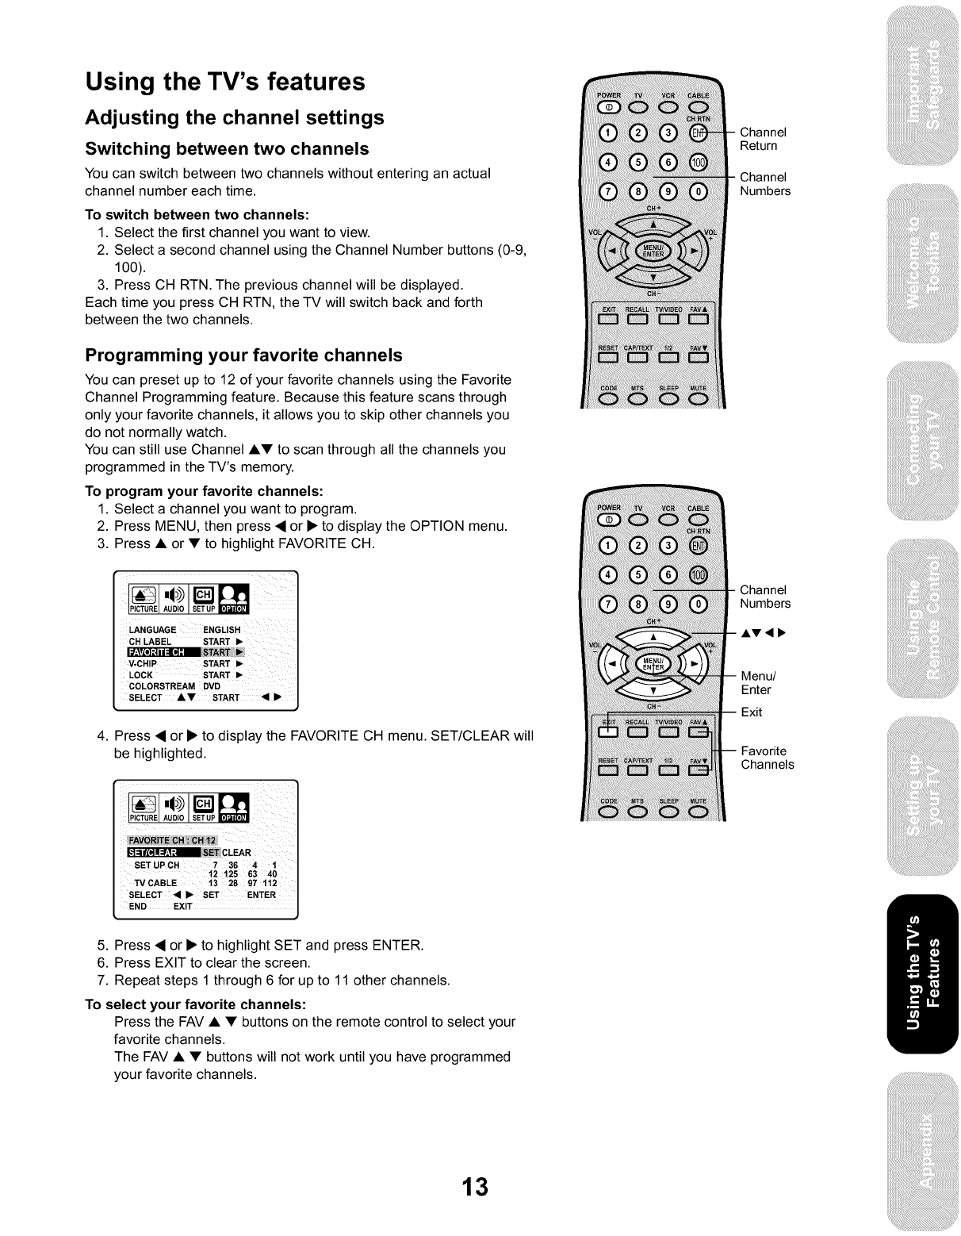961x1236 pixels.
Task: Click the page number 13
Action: (476, 1187)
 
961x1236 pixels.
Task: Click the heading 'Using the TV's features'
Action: (225, 82)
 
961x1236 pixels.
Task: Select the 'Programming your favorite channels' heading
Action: (243, 355)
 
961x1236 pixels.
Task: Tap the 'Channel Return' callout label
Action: (763, 139)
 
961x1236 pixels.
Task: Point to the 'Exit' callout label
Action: (751, 712)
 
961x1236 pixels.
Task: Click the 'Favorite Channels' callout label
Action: (767, 758)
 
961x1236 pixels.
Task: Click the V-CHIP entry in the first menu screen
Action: (144, 664)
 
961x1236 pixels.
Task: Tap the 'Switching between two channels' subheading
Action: (227, 149)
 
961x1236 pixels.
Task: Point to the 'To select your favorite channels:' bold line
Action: (196, 1004)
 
